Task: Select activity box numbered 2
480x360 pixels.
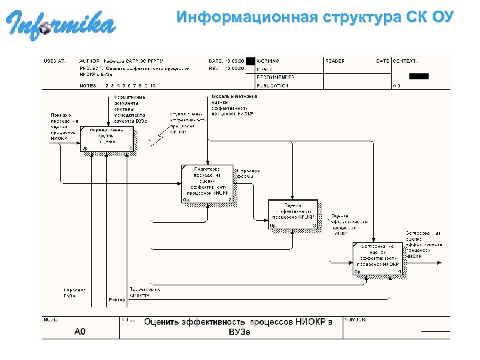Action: tap(207, 183)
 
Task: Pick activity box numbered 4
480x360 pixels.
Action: tap(377, 258)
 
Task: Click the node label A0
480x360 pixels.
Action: tap(80, 331)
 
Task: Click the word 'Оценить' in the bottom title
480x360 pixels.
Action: tap(168, 322)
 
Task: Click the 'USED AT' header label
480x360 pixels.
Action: tap(55, 61)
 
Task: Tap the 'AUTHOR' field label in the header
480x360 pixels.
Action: tap(89, 61)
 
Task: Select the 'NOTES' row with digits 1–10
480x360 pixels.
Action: tap(117, 85)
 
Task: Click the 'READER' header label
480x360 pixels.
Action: tap(335, 61)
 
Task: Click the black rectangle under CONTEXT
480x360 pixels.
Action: tap(419, 76)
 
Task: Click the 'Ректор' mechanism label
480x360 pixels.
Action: tap(117, 300)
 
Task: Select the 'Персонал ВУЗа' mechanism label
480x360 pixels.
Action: tap(74, 293)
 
